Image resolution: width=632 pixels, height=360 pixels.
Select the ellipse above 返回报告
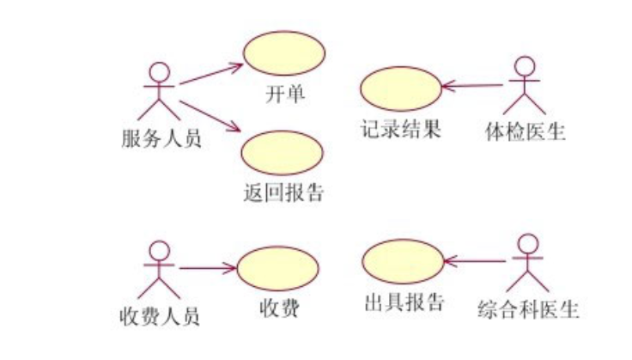coord(283,152)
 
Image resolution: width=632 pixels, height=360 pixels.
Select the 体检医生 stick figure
coord(524,85)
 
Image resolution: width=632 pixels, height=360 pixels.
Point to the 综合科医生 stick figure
coord(526,263)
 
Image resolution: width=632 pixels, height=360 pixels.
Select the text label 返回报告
coord(283,192)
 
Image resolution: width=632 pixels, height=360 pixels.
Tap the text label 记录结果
coord(401,131)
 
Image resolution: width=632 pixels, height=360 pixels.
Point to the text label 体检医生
coord(525,132)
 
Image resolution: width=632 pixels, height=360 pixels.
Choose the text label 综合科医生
coord(527,307)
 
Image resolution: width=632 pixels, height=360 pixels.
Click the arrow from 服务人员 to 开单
coord(210,74)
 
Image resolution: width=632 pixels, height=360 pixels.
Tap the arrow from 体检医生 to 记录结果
coord(471,85)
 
